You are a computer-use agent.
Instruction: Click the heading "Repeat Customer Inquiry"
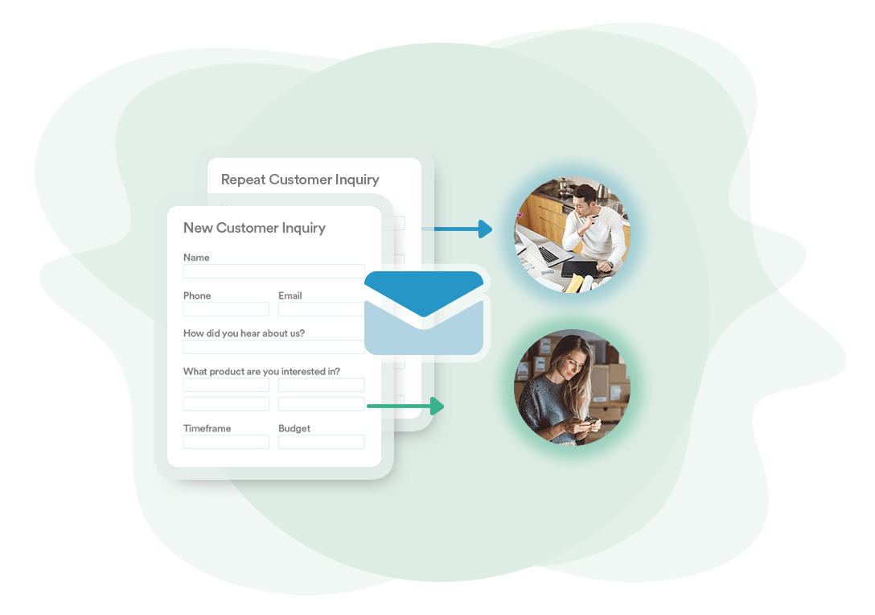tap(300, 180)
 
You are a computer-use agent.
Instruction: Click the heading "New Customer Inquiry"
tap(254, 228)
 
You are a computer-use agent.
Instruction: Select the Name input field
tap(273, 271)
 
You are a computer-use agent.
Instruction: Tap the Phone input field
tap(226, 309)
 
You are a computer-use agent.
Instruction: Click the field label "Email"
tap(290, 295)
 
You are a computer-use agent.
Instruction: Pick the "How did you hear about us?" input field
tap(273, 347)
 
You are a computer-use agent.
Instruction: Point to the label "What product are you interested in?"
tap(261, 371)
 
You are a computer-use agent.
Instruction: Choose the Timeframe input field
tap(226, 442)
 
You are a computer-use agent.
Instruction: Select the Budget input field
tap(321, 442)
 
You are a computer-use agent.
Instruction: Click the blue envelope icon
tap(424, 313)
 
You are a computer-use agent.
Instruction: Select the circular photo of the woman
tap(573, 387)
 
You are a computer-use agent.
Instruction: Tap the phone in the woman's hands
tap(590, 422)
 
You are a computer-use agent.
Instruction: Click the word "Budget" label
tap(294, 428)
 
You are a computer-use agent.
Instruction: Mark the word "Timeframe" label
tap(207, 428)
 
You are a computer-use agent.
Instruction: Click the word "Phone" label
tap(197, 295)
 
